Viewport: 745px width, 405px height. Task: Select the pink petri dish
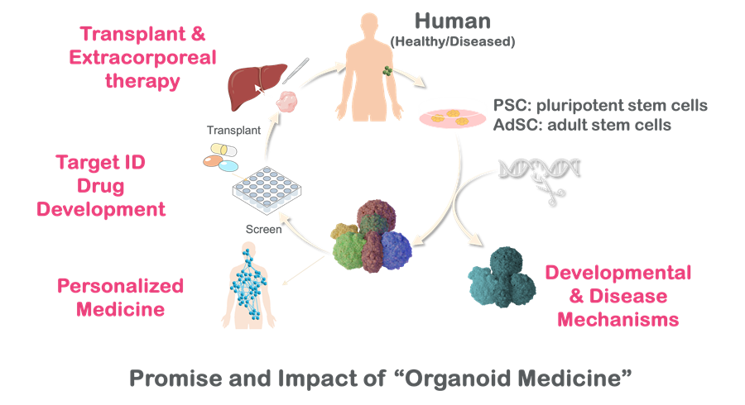tap(451, 114)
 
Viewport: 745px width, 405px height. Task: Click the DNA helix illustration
tap(537, 169)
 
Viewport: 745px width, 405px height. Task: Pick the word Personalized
tap(121, 287)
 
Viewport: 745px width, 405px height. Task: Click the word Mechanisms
tap(618, 318)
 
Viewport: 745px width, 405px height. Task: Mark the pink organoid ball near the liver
tap(286, 104)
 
